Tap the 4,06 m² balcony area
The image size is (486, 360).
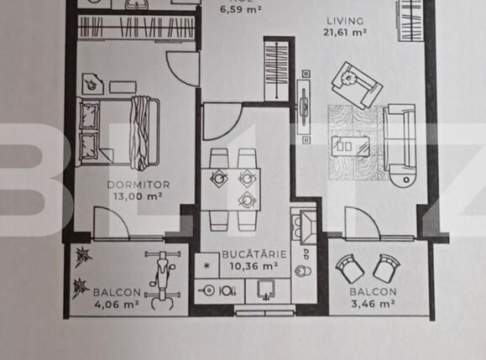(x=116, y=304)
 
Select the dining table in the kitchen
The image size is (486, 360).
(x=231, y=190)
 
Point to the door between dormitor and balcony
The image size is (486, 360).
(x=112, y=226)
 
